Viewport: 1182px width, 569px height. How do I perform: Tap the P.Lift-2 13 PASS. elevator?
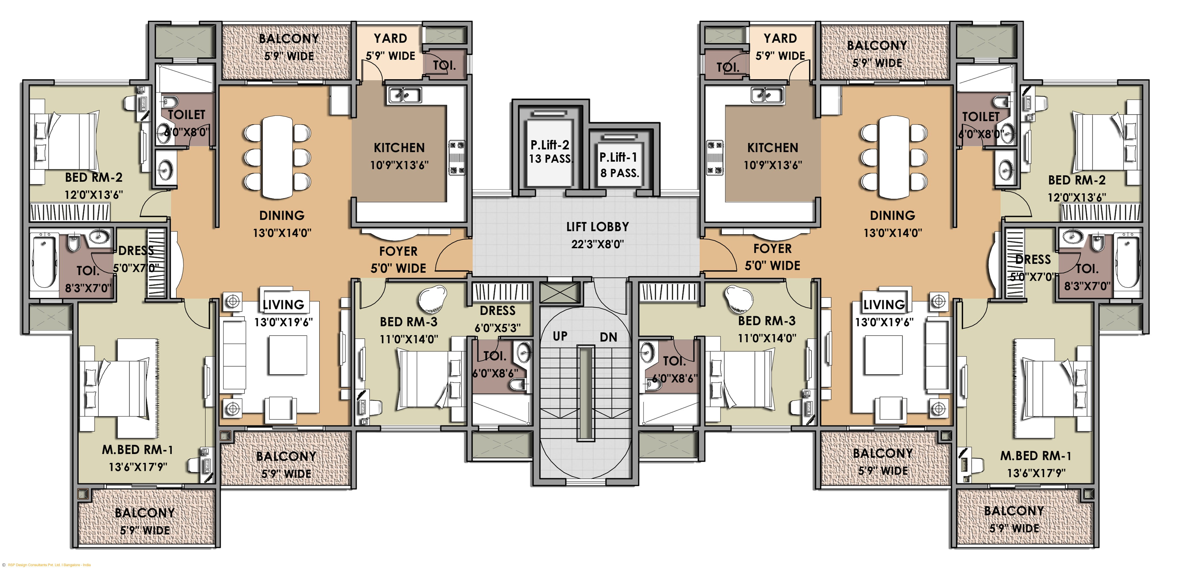[549, 151]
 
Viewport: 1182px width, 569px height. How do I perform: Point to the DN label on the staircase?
[608, 337]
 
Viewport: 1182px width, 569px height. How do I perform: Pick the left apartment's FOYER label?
[398, 252]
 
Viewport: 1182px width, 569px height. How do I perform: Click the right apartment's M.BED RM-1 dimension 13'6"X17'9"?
[1036, 473]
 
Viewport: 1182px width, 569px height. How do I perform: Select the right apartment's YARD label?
[780, 39]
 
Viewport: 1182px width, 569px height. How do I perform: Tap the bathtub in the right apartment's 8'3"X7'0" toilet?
[1127, 262]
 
